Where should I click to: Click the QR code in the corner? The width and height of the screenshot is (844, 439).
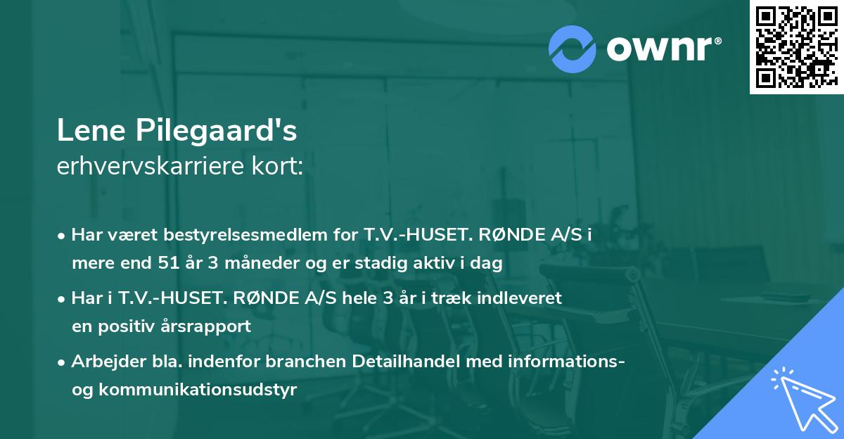796,46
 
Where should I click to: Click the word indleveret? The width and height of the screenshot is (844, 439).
521,298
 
